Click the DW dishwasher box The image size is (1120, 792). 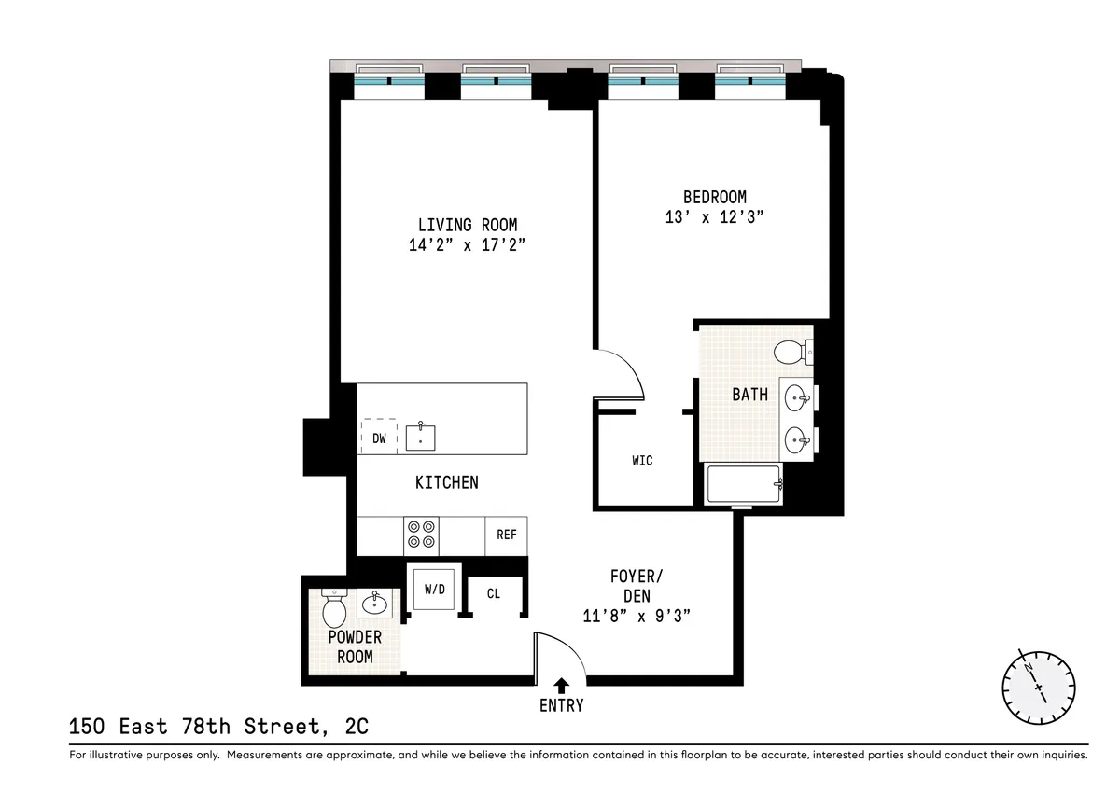379,437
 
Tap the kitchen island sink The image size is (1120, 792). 421,436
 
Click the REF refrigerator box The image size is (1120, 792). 506,535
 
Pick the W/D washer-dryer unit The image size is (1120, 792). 435,589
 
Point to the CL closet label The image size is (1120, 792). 494,593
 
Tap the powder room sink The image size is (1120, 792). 375,603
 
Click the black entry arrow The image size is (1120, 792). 561,686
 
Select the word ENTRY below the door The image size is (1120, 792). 561,705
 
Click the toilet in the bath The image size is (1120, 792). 791,353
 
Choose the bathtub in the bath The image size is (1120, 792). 745,484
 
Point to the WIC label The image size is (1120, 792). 642,460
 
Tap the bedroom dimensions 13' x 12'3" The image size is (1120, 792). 715,216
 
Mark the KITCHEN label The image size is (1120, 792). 446,482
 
